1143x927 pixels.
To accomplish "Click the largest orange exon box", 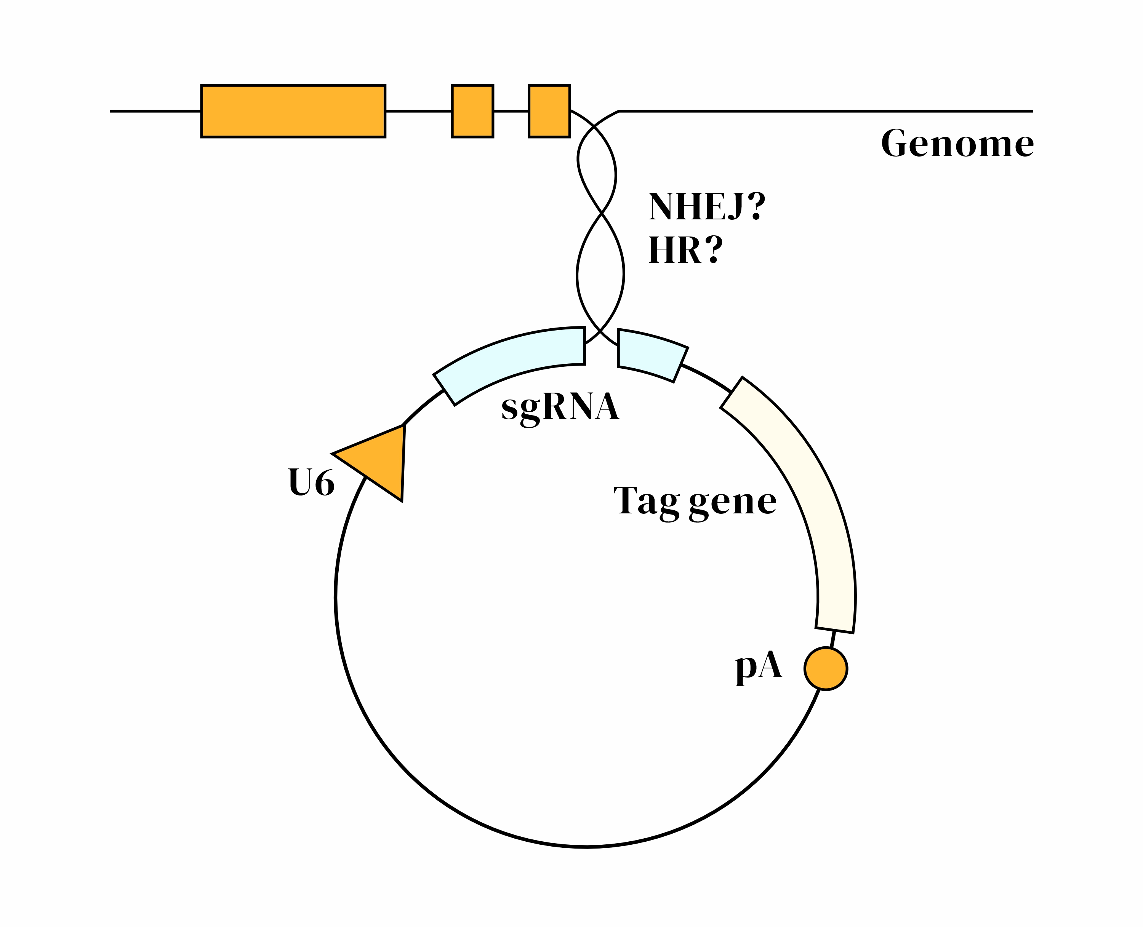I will coord(293,111).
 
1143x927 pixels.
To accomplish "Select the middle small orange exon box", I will coord(472,111).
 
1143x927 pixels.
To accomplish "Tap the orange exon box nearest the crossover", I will coord(549,111).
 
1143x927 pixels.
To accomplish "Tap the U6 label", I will coord(311,483).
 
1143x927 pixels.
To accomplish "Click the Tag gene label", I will coord(694,502).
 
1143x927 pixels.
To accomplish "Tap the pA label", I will coord(759,668).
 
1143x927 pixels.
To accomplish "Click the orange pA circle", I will coord(826,668).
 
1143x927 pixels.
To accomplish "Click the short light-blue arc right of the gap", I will coord(652,354).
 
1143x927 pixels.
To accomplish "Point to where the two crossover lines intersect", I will coord(602,213).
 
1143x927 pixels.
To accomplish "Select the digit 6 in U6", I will coord(324,483).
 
